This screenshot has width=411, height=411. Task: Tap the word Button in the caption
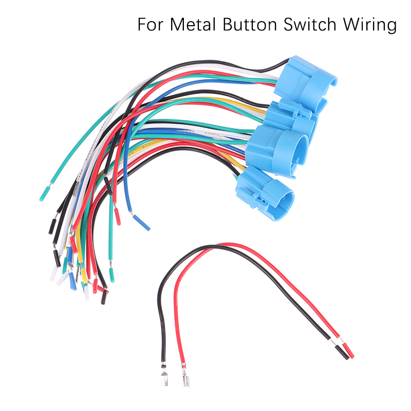(x=241, y=25)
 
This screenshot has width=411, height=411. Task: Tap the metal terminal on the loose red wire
(x=183, y=382)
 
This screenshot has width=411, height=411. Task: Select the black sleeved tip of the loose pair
(x=342, y=352)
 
